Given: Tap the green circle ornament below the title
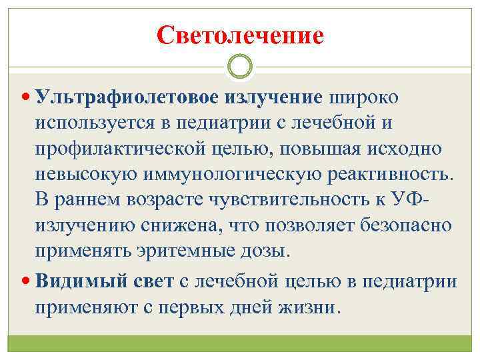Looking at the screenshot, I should [240, 67].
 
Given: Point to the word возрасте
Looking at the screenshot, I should [171, 201].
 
